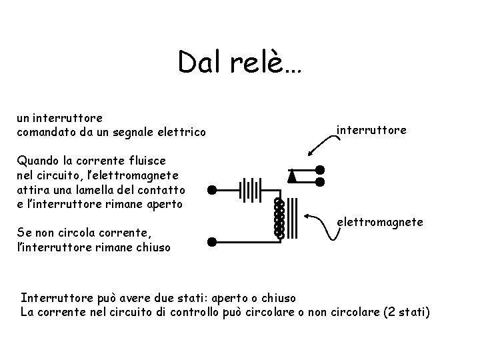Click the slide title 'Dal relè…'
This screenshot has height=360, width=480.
tap(239, 63)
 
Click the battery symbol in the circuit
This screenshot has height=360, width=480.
tap(250, 189)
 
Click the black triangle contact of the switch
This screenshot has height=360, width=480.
tap(291, 176)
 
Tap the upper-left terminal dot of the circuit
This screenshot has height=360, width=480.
tap(211, 189)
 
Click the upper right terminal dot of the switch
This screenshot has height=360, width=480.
tap(319, 169)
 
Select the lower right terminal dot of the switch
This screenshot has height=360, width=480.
tap(319, 181)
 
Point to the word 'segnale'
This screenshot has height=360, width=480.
tap(131, 131)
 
